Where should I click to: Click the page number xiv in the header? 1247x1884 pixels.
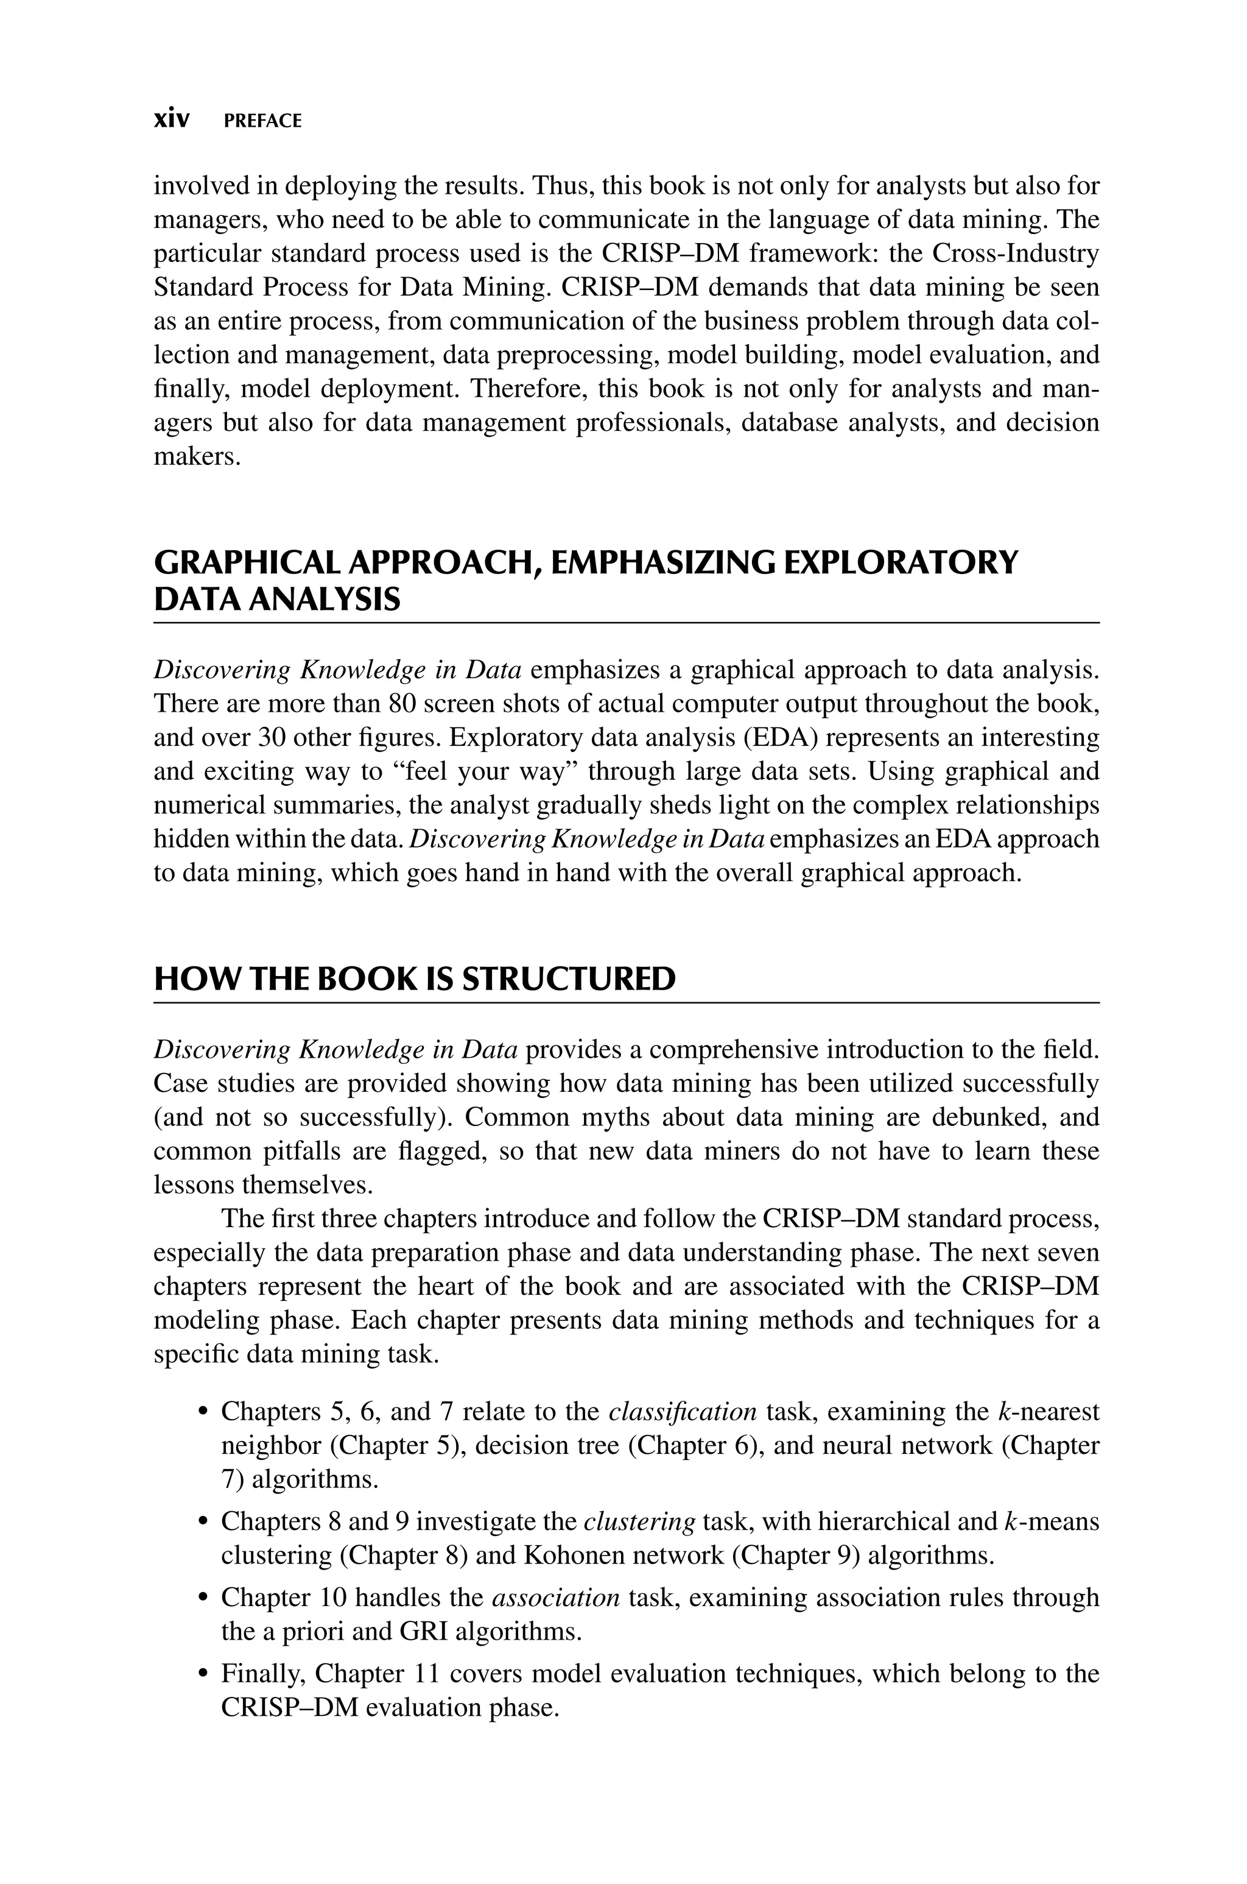tap(171, 119)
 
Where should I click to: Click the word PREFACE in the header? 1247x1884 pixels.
tap(262, 121)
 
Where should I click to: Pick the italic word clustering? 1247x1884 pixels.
tap(639, 1521)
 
